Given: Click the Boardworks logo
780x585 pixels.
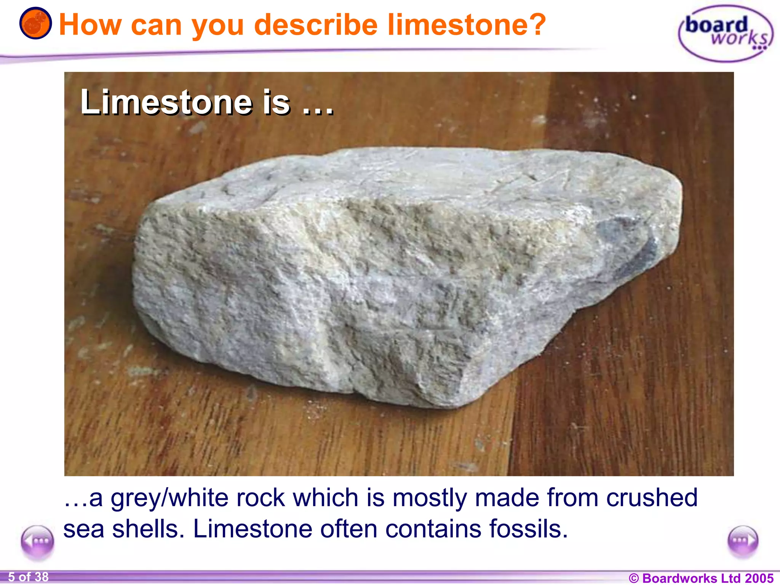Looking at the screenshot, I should point(726,34).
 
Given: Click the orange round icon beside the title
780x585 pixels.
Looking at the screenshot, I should point(35,24).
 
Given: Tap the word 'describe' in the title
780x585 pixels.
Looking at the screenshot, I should point(316,25).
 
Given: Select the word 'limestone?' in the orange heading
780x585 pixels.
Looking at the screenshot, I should point(467,25).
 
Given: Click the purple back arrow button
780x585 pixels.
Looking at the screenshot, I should point(37,542).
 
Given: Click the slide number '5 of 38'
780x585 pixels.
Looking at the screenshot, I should point(29,577).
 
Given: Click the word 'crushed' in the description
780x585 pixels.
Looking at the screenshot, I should point(652,497).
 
